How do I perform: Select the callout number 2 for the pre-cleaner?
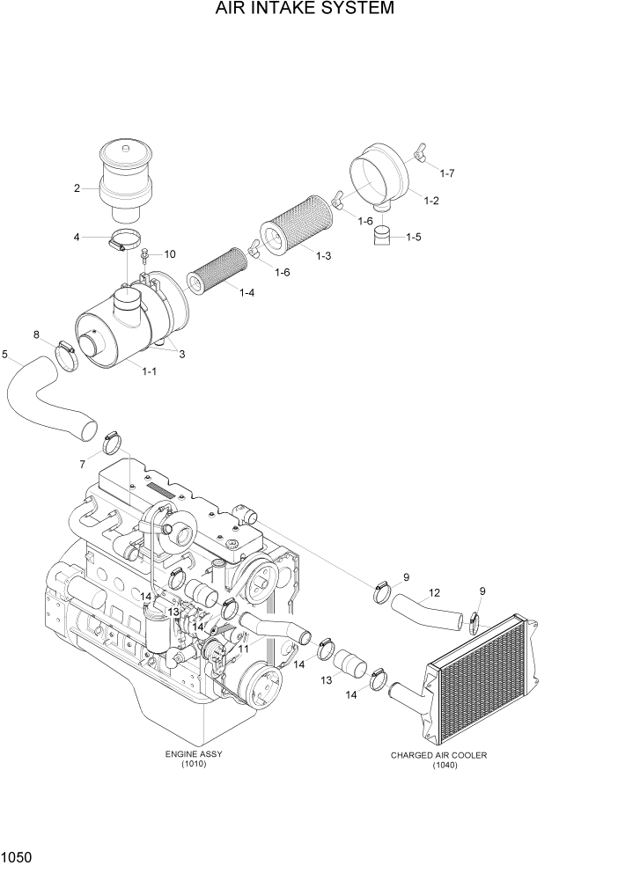click(x=77, y=187)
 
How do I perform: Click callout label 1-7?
click(x=446, y=173)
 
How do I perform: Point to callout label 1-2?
click(x=431, y=202)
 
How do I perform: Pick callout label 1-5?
click(x=413, y=237)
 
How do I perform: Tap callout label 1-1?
click(x=149, y=370)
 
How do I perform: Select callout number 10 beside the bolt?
click(x=169, y=253)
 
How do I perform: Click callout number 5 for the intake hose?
click(x=5, y=355)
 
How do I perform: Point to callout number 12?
click(x=434, y=592)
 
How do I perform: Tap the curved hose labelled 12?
click(x=426, y=613)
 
